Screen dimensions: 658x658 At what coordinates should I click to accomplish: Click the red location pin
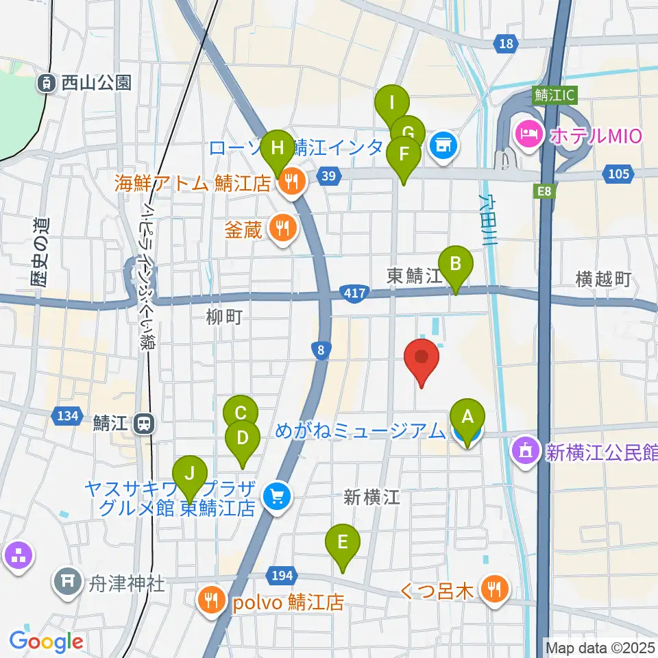click(421, 358)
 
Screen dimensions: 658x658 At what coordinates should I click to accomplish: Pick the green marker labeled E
click(343, 543)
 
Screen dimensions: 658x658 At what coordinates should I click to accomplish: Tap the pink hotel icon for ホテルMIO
click(530, 130)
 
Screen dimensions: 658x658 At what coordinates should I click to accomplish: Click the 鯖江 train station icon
click(144, 424)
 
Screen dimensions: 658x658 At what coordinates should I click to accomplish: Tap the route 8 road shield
click(321, 350)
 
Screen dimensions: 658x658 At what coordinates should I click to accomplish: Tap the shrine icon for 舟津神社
click(67, 581)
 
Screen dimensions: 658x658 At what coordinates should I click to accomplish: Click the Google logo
click(46, 642)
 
